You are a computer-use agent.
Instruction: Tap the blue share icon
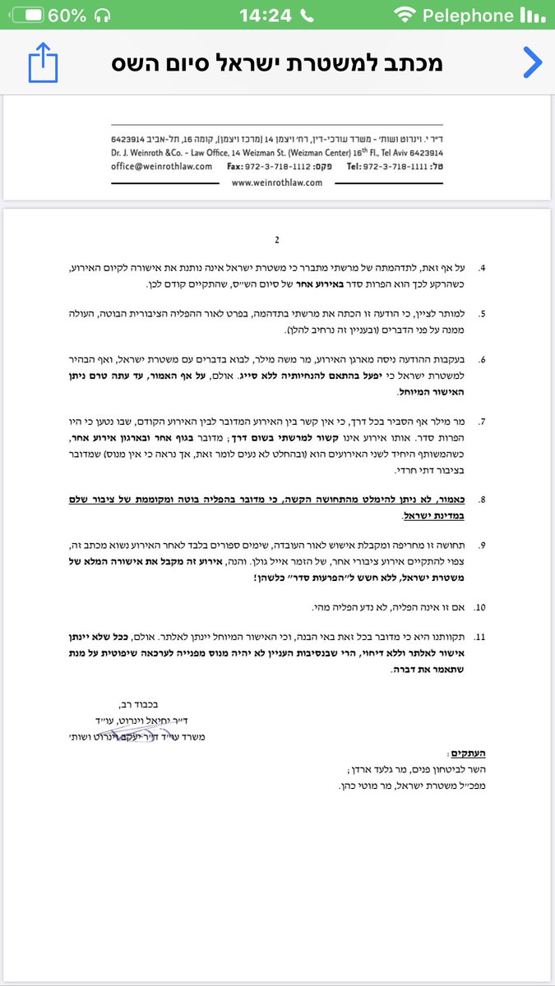43,63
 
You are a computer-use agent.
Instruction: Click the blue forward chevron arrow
532,62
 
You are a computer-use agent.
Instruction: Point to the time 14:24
265,15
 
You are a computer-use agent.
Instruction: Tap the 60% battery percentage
67,15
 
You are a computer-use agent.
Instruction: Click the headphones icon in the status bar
103,15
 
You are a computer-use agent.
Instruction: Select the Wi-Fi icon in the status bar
404,15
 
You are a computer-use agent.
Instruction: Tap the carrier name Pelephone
467,15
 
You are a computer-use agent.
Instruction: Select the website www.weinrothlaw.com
277,182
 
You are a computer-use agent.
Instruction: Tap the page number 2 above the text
277,240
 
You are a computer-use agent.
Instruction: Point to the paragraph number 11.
482,637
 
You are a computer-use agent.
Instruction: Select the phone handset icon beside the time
307,15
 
